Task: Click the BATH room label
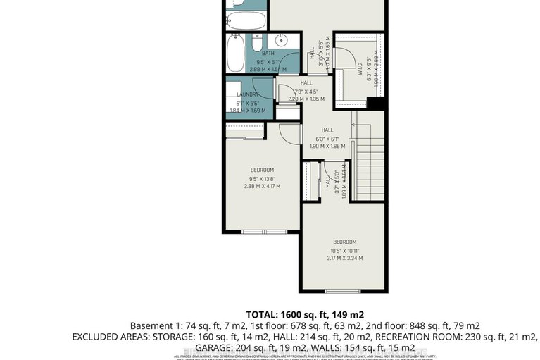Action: [268, 54]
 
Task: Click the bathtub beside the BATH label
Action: [236, 50]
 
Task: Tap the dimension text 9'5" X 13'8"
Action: [262, 178]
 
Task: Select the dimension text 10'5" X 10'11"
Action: [344, 250]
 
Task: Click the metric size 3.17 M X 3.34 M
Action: [344, 259]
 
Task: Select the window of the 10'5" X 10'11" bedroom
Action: [343, 290]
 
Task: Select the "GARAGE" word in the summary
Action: [211, 348]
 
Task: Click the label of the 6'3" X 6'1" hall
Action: [327, 130]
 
